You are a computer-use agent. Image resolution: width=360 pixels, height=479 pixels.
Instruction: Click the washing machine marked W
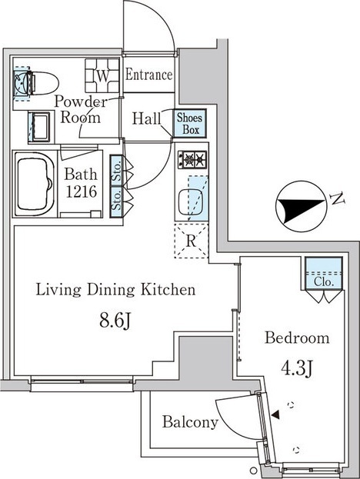(x=102, y=75)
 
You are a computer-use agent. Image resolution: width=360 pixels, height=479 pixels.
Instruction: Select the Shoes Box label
(x=190, y=124)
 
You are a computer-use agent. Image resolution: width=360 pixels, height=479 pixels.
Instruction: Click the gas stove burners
(x=193, y=159)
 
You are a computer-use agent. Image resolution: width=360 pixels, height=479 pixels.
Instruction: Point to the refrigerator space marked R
(x=192, y=241)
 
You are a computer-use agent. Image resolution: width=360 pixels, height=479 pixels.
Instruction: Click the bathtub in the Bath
(x=34, y=185)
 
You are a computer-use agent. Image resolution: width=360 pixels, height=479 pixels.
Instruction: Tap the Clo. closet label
(x=324, y=281)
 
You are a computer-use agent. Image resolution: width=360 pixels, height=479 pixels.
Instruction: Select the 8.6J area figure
(x=115, y=321)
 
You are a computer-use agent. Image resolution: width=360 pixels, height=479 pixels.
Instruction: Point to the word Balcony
(x=190, y=422)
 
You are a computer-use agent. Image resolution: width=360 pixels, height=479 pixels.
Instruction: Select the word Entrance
(x=149, y=75)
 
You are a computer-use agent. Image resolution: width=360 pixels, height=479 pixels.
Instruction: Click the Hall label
(x=146, y=118)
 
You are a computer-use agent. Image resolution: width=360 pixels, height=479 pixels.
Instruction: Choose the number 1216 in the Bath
(x=82, y=191)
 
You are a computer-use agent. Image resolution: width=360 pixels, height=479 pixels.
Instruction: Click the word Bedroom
(x=297, y=338)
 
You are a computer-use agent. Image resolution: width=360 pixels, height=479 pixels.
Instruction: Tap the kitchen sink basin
(x=191, y=202)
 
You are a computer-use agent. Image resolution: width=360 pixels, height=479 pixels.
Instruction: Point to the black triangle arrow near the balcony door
(x=275, y=414)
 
